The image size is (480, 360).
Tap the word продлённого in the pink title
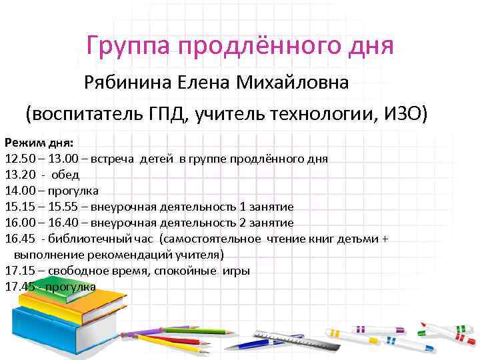click(256, 46)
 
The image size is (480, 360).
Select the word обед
click(66, 175)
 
